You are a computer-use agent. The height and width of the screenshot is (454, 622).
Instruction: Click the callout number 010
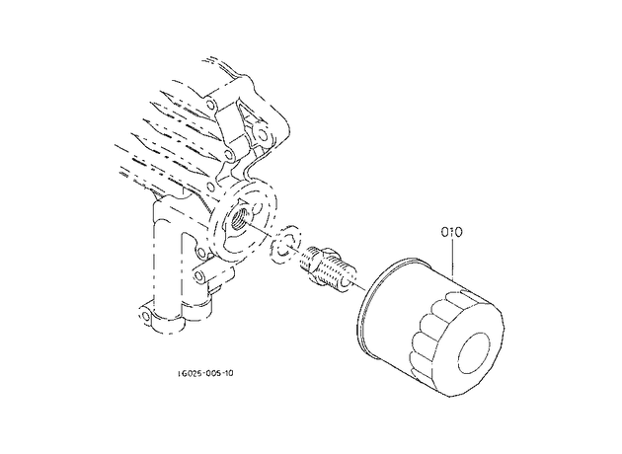(x=452, y=232)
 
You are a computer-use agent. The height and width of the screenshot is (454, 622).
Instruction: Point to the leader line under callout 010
(x=452, y=261)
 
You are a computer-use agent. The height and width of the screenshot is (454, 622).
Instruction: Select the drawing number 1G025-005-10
(x=205, y=373)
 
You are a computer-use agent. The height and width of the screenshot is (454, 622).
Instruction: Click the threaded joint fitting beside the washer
(x=328, y=266)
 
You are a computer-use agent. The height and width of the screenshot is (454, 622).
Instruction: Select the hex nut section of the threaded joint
(x=321, y=266)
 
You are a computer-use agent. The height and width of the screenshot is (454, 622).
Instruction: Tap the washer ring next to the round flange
(x=285, y=245)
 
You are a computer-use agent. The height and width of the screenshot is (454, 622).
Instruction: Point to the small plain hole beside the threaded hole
(x=258, y=208)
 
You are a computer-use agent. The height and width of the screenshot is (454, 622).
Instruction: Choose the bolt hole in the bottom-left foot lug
(x=145, y=316)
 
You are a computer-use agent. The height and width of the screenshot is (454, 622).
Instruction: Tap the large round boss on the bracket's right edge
(x=263, y=134)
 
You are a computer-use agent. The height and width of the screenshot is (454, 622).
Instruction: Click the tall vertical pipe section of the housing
(x=166, y=258)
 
